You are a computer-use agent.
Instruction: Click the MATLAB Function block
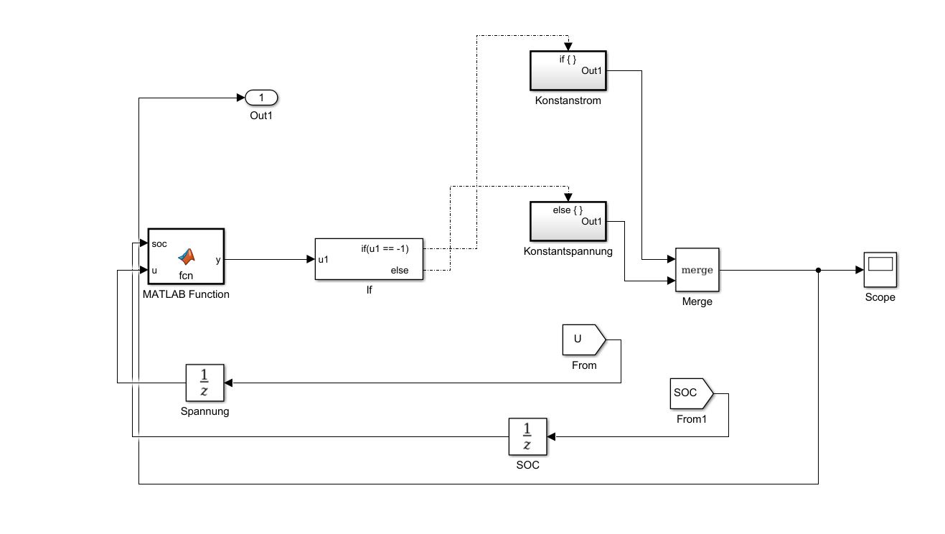[185, 257]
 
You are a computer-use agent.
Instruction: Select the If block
[369, 259]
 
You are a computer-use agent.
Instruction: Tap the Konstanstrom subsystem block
[568, 70]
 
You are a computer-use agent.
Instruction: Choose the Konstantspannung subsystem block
[568, 221]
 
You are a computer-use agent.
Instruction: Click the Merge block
[697, 270]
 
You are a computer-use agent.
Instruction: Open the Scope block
[880, 270]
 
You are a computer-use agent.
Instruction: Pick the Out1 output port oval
[261, 97]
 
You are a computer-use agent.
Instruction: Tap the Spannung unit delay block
[204, 382]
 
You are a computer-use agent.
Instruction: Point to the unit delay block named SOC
[527, 436]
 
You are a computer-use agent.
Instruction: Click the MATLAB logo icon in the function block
[187, 256]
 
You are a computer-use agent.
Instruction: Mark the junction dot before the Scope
[818, 271]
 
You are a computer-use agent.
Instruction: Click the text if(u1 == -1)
[384, 248]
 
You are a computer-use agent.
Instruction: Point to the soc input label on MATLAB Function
[159, 244]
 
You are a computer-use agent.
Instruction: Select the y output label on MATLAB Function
[217, 259]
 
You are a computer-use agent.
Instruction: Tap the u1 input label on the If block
[324, 259]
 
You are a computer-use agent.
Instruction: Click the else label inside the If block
[400, 271]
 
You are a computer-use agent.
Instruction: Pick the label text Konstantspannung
[568, 251]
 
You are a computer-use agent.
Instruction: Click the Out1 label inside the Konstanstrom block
[591, 70]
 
